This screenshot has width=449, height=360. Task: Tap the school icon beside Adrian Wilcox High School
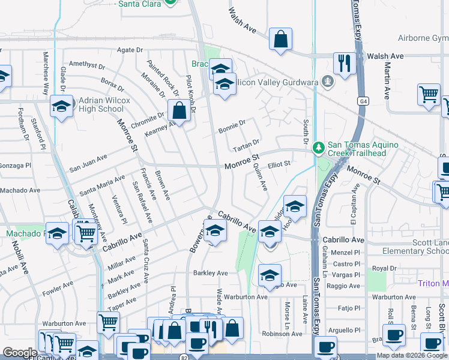pos(61,106)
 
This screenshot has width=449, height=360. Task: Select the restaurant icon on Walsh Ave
pos(344,63)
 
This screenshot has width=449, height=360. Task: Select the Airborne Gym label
pos(423,38)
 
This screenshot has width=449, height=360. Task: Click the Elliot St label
pos(279,163)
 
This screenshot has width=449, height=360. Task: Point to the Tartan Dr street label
pos(247,143)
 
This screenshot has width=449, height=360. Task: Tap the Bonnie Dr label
pos(232,126)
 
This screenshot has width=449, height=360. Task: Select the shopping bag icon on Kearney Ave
pos(178,110)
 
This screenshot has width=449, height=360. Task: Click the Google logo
pos(20,353)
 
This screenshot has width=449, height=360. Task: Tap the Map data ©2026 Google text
pos(412,355)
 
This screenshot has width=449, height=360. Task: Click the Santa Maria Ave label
pos(102,183)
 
